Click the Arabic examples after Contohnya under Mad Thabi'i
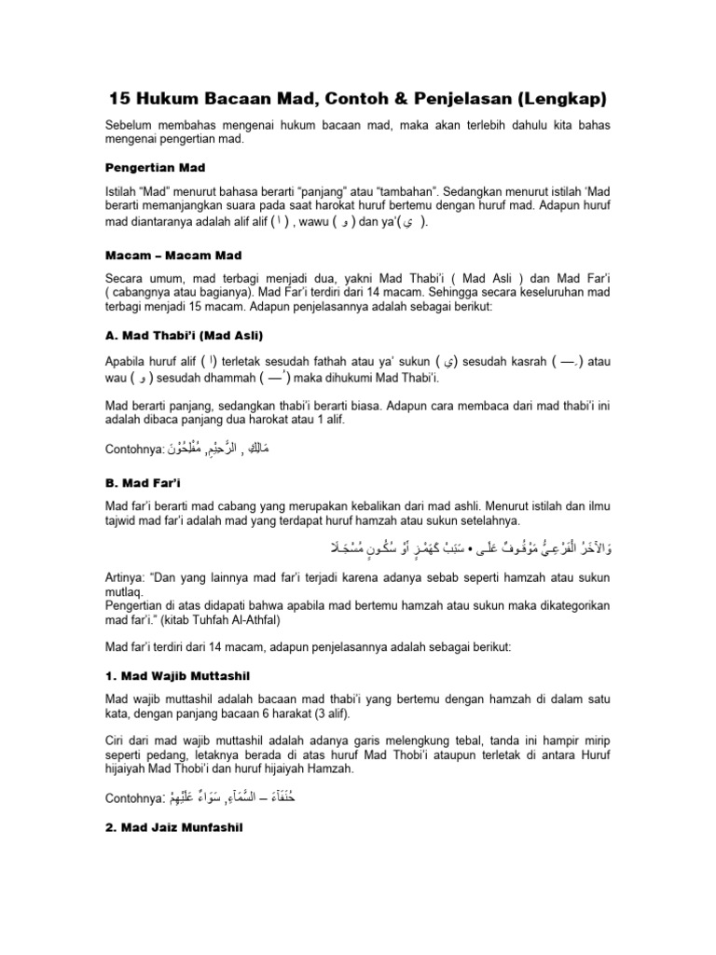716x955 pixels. pos(217,450)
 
